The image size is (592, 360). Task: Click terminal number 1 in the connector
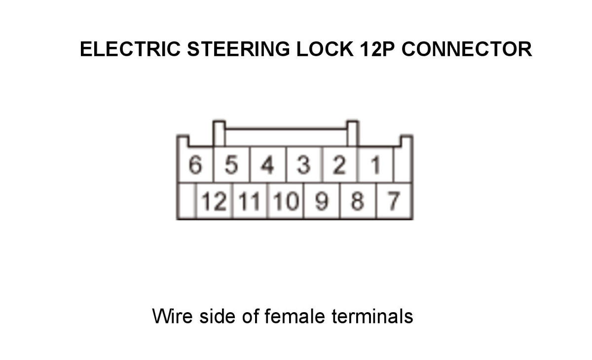[375, 165]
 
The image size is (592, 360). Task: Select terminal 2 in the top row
[339, 165]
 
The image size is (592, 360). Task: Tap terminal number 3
[303, 165]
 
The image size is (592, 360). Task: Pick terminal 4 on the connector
[267, 165]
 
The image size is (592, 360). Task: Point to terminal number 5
[231, 165]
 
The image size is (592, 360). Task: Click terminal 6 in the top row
[195, 165]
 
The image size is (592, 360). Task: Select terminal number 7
[394, 201]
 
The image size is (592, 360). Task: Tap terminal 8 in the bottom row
[357, 201]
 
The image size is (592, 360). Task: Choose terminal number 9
[322, 201]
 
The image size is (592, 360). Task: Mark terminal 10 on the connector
[286, 201]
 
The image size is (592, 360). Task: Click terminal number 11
[250, 201]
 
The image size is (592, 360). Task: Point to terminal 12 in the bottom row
[214, 201]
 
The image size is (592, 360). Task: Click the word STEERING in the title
[238, 49]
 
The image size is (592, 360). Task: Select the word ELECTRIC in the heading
[130, 49]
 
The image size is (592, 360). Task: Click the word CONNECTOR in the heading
[467, 49]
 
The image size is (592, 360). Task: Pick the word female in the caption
[295, 316]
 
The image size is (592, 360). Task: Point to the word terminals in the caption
[372, 316]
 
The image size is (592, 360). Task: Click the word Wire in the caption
[172, 316]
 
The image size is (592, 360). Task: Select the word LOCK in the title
[325, 49]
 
